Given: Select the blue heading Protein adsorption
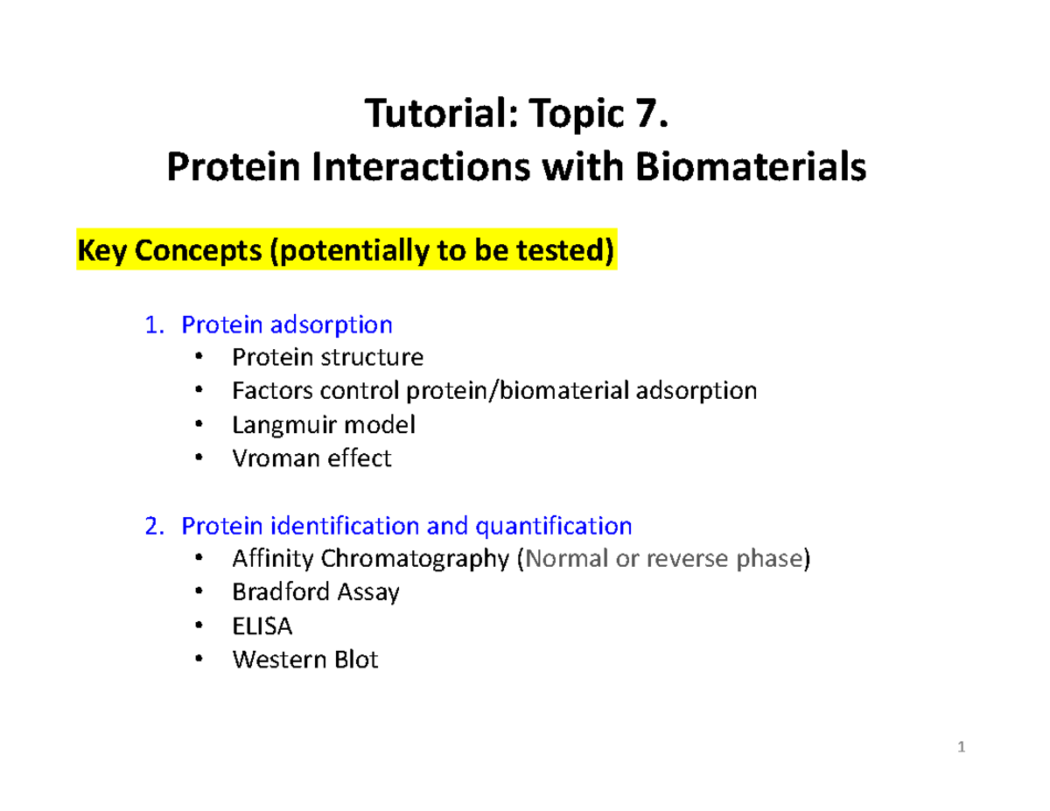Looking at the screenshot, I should (x=286, y=325).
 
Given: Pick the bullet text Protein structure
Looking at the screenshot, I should (x=327, y=357).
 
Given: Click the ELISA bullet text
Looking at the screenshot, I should (x=262, y=626).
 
